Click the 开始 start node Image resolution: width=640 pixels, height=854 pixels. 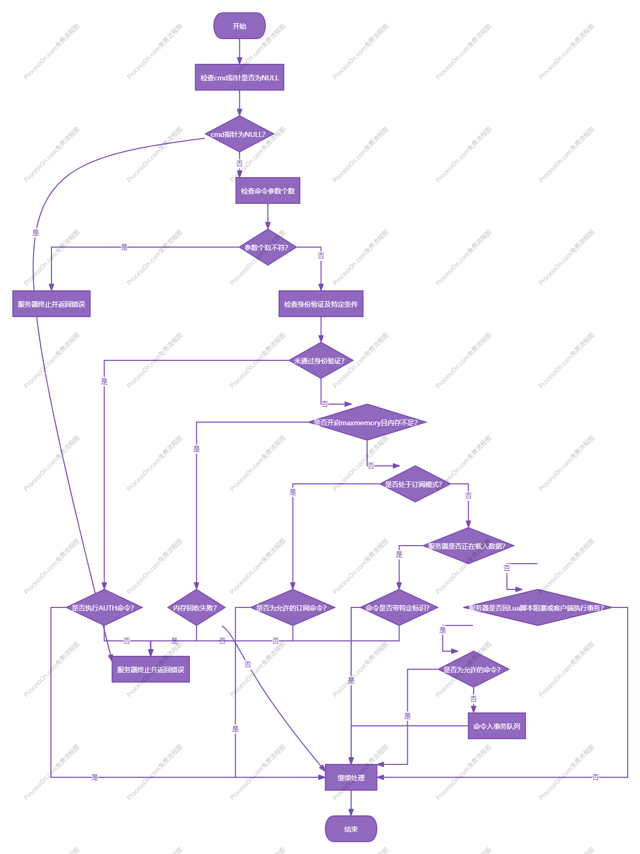[239, 26]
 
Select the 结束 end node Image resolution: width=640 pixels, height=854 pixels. [351, 829]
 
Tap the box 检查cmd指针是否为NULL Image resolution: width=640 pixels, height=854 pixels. [239, 77]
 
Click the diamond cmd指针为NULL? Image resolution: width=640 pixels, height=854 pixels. [239, 134]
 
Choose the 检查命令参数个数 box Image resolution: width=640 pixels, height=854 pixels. [268, 190]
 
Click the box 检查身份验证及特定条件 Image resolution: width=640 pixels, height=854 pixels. [321, 304]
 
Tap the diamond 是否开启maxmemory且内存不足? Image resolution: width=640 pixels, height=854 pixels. [367, 422]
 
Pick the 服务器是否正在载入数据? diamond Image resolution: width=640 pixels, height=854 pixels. [468, 546]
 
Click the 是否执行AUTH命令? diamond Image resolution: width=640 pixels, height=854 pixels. [104, 607]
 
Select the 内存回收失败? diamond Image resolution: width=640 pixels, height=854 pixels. [196, 607]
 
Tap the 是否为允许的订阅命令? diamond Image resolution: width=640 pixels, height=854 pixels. [292, 607]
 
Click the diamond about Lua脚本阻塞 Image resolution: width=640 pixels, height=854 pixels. [538, 607]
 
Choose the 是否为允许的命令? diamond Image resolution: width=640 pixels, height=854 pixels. [473, 669]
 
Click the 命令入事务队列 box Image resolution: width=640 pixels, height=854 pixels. [497, 726]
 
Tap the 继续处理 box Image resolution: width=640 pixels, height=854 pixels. [351, 777]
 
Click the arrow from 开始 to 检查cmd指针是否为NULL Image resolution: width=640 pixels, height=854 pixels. [239, 51]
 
